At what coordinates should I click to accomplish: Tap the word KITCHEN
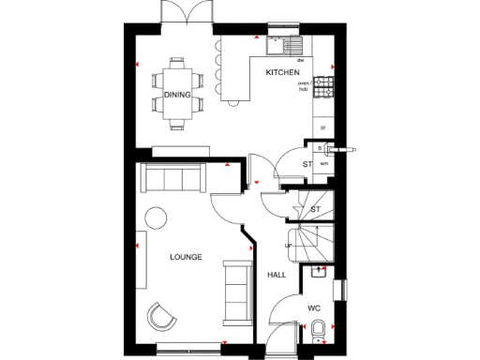point(282,72)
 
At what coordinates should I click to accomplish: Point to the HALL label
point(277,275)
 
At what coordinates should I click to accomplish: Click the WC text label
point(315,307)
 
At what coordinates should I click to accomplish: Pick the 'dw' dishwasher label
point(301,59)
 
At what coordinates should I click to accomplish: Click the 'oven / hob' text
point(304,88)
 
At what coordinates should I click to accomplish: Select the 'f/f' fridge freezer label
point(322,127)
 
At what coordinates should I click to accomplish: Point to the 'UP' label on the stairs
point(288,246)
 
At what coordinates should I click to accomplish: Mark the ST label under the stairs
point(315,209)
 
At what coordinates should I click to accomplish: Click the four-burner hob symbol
point(324,86)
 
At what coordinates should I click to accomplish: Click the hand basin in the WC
point(318,273)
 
